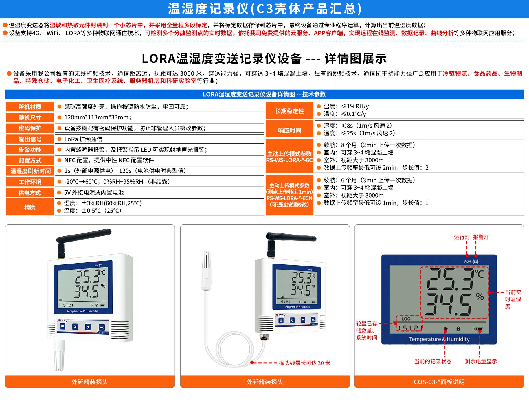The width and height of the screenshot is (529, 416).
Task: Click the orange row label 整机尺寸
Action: (30, 117)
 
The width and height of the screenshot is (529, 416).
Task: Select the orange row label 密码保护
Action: (30, 128)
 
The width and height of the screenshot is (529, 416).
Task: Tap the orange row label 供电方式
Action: (30, 193)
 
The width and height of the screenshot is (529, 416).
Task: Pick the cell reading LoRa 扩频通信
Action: (83, 139)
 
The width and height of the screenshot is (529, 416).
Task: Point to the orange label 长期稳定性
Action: (289, 111)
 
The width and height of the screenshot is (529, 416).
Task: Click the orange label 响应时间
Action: (289, 130)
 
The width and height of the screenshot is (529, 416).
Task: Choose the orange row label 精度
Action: (30, 207)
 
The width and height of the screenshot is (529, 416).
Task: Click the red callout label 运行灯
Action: (462, 237)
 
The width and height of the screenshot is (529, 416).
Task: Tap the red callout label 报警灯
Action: (481, 237)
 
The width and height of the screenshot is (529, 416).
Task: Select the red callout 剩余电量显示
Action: (481, 361)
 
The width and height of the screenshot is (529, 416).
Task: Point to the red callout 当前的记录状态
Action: (433, 361)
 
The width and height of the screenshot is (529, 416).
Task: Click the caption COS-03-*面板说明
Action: (439, 382)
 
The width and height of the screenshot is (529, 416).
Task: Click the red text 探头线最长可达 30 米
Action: (304, 363)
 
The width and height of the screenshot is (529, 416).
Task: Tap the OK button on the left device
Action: (102, 327)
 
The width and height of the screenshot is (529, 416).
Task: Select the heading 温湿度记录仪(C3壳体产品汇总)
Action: (264, 9)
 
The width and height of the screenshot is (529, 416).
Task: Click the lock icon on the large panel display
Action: (458, 329)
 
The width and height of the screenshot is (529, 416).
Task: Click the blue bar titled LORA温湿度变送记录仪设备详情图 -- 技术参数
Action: (264, 94)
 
